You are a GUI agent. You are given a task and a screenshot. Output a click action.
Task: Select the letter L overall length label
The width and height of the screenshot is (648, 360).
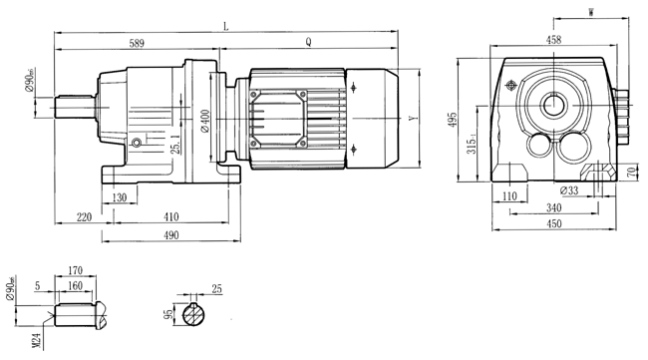(226, 29)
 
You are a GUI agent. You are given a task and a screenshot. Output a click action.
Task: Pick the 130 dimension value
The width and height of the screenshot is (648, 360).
(119, 197)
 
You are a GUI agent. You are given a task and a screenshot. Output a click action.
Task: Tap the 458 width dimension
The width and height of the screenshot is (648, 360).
(554, 41)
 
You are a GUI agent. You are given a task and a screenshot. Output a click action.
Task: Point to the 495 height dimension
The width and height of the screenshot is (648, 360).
(453, 120)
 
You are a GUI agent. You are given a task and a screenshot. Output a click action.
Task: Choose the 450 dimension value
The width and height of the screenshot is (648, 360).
(554, 224)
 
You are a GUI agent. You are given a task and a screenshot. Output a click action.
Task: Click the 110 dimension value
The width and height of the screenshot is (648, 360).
(510, 197)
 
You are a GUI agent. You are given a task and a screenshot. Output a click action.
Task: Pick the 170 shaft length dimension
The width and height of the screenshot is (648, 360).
(76, 269)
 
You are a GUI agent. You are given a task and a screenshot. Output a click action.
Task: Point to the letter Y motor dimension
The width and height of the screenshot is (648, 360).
(413, 120)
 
